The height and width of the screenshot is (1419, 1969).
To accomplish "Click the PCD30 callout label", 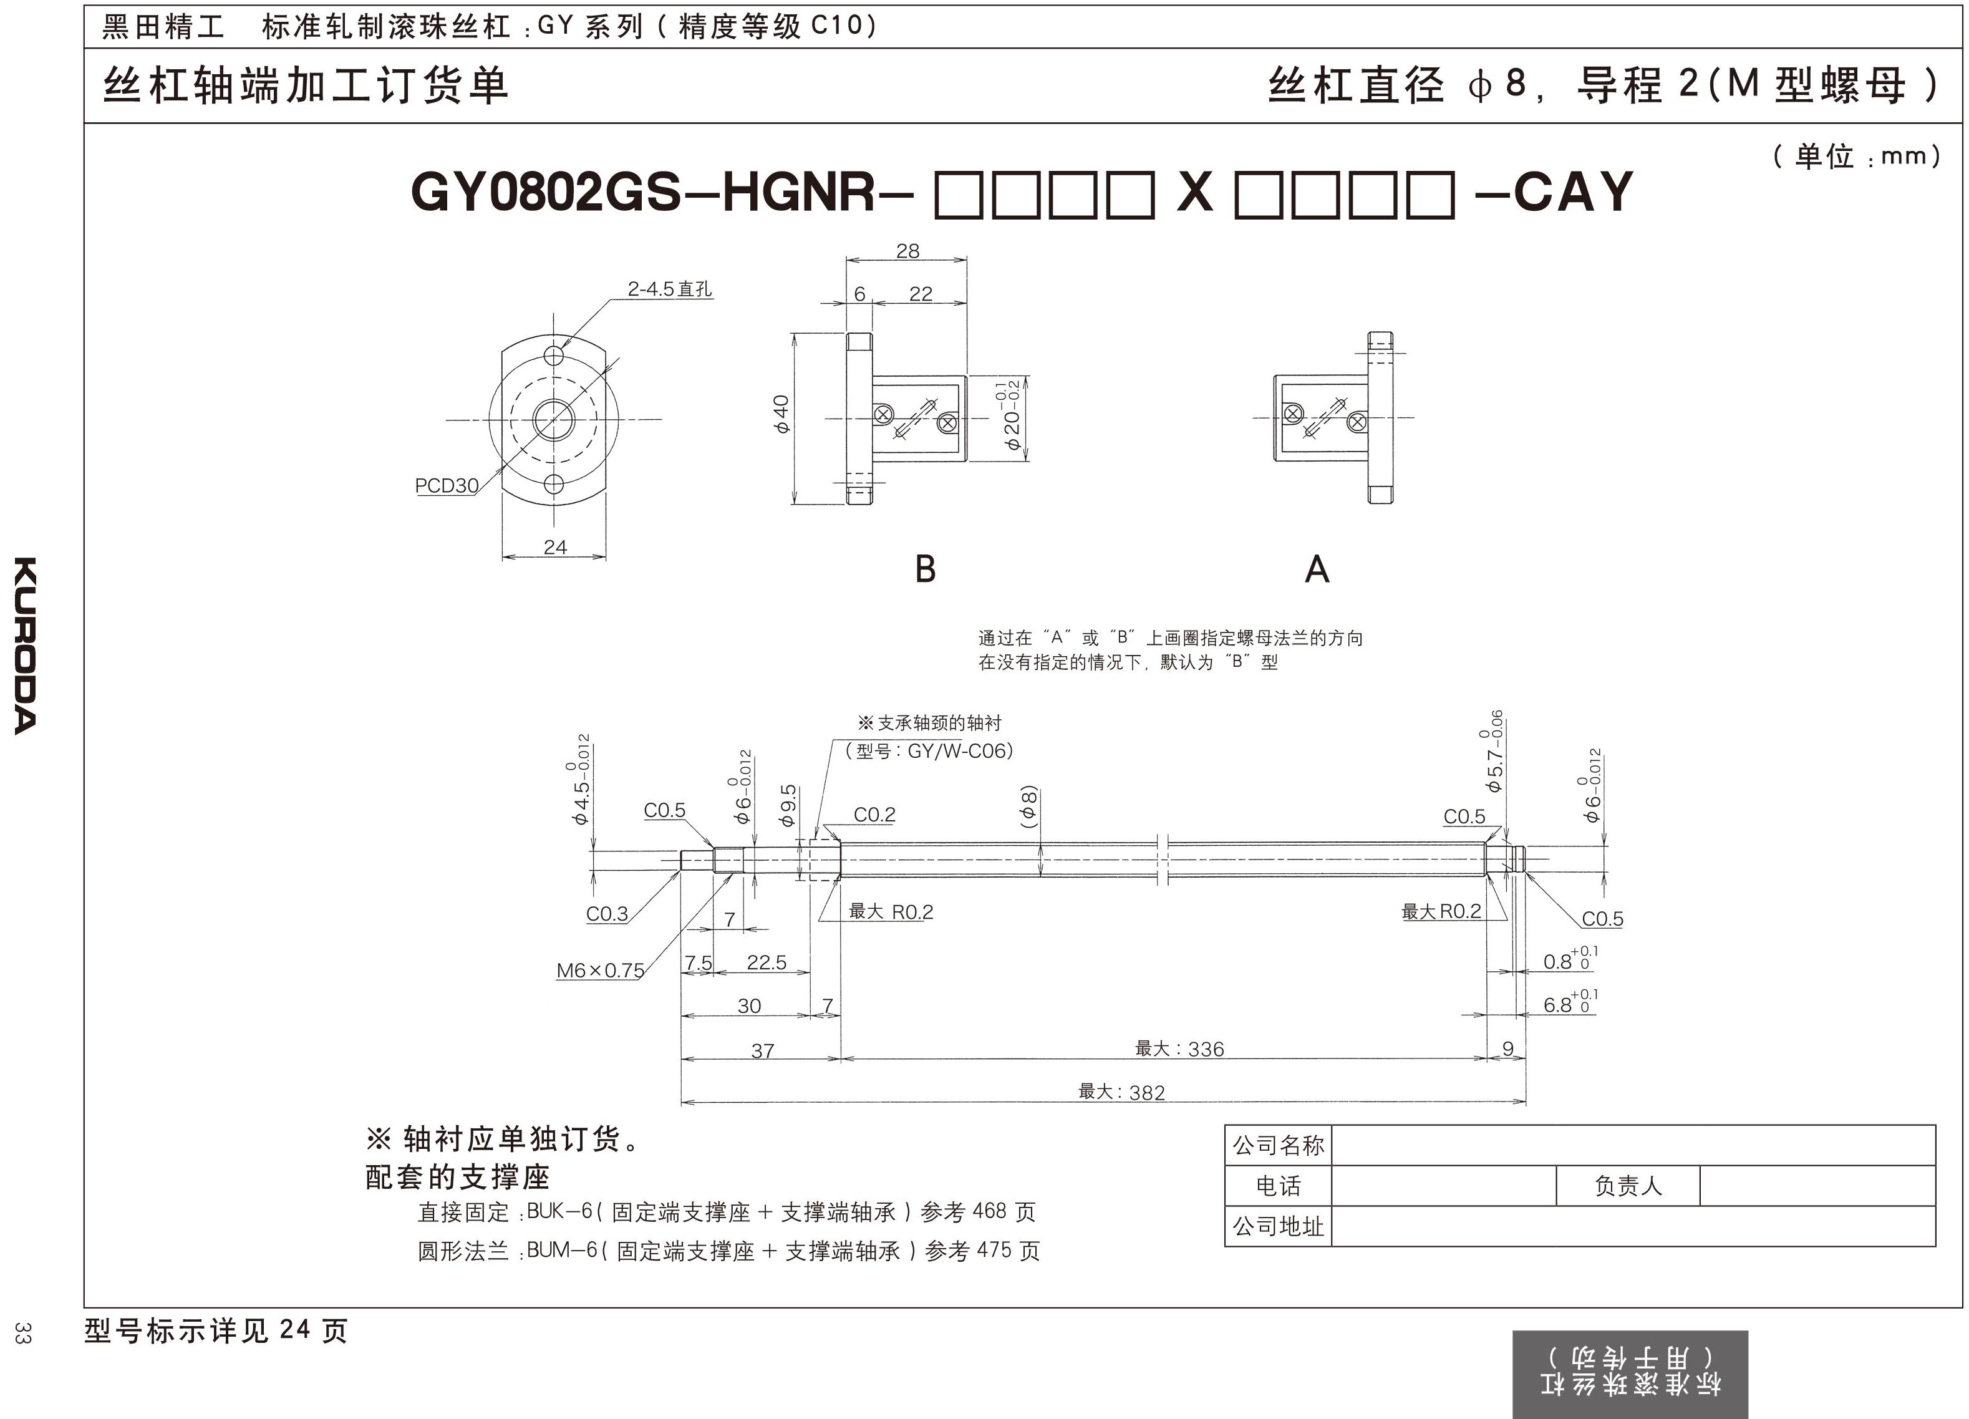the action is pyautogui.click(x=446, y=485).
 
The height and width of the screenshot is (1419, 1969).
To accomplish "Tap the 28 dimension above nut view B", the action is pyautogui.click(x=907, y=251).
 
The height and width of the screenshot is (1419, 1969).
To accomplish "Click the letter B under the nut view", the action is pyautogui.click(x=926, y=569).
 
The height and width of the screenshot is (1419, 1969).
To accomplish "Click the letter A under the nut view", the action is pyautogui.click(x=1317, y=569).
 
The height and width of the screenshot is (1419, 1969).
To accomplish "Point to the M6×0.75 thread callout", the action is pyautogui.click(x=600, y=971).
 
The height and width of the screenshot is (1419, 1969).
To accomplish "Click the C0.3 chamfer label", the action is pyautogui.click(x=607, y=914).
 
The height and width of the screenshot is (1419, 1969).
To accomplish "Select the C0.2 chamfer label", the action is pyautogui.click(x=874, y=815).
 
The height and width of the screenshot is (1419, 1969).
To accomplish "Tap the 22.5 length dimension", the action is pyautogui.click(x=767, y=962).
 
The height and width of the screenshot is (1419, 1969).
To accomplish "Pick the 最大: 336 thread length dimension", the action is pyautogui.click(x=1180, y=1049).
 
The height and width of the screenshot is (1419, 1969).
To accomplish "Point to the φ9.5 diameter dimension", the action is pyautogui.click(x=788, y=805).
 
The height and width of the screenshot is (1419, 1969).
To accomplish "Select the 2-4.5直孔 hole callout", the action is pyautogui.click(x=669, y=289).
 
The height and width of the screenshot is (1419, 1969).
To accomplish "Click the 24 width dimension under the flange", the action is pyautogui.click(x=554, y=547).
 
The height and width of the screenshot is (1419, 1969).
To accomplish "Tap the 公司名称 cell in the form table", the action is pyautogui.click(x=1278, y=1145).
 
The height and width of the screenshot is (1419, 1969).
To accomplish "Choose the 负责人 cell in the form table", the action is pyautogui.click(x=1628, y=1185).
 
